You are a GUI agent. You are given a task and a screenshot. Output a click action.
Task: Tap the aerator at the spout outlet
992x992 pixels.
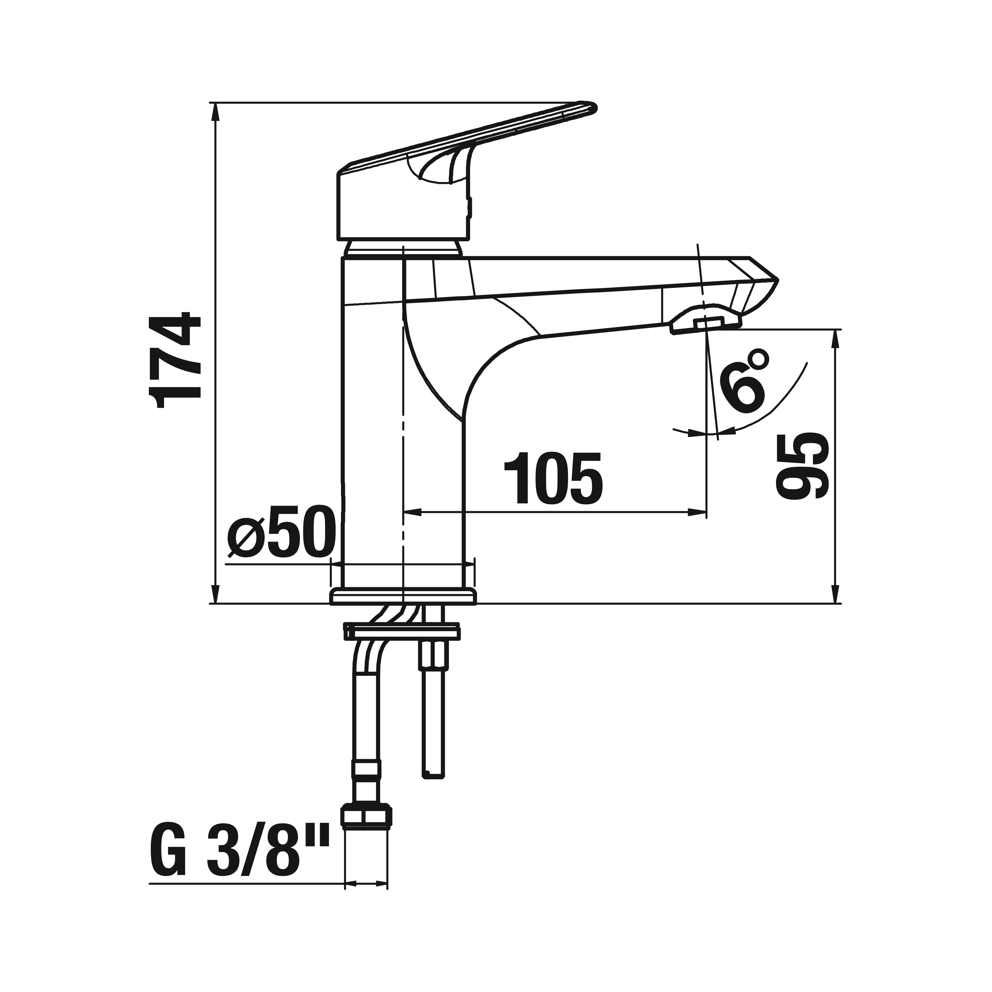pos(706,323)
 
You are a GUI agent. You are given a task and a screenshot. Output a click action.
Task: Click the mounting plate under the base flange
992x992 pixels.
pos(402,632)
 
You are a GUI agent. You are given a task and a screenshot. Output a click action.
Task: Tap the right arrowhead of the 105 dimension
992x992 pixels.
pos(698,512)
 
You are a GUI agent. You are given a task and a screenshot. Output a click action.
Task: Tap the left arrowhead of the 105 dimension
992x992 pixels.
pos(413,512)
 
